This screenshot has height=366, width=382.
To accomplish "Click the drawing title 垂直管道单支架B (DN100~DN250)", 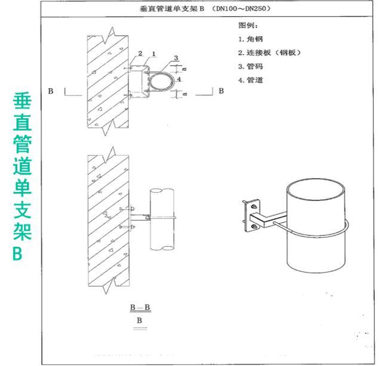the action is tap(207, 10).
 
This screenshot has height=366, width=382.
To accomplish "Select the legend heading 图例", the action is tap(249, 26).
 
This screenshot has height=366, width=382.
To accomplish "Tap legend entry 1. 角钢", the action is tap(251, 39).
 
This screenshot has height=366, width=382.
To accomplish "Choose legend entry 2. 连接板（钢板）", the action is tap(270, 52).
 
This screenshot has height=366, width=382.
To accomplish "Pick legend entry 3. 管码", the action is tap(251, 67).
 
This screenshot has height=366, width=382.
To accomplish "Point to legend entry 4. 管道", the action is tap(251, 80).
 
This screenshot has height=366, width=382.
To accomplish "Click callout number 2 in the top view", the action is tap(141, 54).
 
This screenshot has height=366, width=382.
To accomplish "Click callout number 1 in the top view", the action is tap(153, 54).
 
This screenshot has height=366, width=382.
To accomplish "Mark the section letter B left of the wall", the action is tap(51, 91).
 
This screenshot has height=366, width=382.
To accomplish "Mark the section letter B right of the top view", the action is tap(221, 91).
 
